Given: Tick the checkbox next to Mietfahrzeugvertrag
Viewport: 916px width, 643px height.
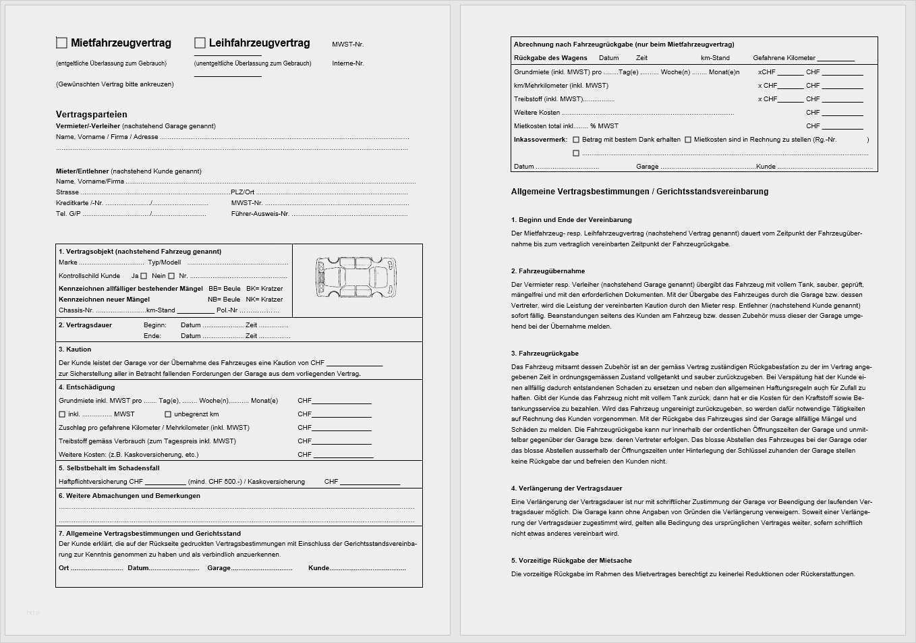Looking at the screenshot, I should pos(61,43).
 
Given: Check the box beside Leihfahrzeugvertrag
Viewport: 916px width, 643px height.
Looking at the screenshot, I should pos(200,43).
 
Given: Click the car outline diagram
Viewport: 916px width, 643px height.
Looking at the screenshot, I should pos(356,277).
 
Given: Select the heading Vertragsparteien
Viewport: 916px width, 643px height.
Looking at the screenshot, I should pos(91,115).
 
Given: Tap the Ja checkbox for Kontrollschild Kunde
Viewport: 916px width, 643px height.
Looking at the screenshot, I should pos(144,276).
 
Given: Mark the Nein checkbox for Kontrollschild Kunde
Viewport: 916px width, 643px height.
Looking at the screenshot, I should pos(171,276).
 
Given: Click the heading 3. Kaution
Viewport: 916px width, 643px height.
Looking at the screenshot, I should pos(75,350).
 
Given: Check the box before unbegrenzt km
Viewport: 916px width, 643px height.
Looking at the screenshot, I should pos(168,414).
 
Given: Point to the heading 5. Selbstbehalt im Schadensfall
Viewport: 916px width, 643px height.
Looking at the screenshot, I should pos(109,468).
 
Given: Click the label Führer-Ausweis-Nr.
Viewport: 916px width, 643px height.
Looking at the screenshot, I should pos(260,214).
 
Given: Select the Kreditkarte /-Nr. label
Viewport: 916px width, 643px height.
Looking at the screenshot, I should pos(79,203).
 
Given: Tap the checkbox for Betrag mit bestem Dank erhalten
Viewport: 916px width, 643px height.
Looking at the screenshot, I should pos(576,140).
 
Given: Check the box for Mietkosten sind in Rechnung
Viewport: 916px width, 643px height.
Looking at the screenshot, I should pos(688,140).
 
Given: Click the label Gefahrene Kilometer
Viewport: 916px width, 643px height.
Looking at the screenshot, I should pos(784,58).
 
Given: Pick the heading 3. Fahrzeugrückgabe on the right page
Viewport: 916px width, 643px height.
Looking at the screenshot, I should pos(544,354).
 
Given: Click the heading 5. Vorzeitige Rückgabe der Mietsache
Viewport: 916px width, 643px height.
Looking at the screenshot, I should pos(571,561).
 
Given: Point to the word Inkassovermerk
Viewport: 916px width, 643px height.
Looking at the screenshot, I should pos(540,140).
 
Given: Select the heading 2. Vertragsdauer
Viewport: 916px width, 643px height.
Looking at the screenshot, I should pos(85,325).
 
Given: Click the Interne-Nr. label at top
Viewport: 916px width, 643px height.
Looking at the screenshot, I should pos(347,63).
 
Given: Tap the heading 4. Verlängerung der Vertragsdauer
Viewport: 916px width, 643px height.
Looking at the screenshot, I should pos(567,488).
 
